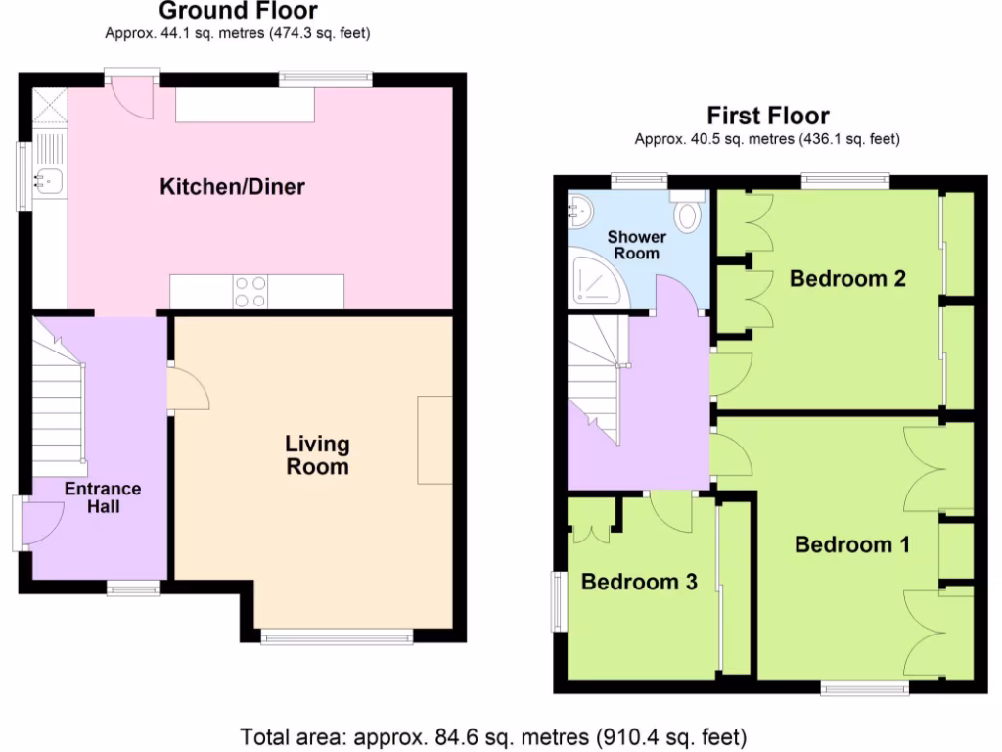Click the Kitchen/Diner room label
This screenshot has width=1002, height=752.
pos(232,186)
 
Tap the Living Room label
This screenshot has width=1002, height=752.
pos(317,455)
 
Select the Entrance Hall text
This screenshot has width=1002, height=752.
pos(103,497)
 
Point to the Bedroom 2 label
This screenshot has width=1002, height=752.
pos(847,278)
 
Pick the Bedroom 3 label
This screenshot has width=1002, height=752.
pos(639,582)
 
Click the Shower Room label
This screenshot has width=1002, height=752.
pos(636,245)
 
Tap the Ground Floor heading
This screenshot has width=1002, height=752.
pos(237,12)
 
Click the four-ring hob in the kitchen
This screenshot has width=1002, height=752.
pos(250,292)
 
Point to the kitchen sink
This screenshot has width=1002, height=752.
pos(48,179)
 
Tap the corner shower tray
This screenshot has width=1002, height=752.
pos(593,278)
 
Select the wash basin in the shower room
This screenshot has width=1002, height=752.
pos(580,208)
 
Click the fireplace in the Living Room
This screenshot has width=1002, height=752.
pos(434,440)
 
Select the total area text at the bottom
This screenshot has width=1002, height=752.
pos(494,735)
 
